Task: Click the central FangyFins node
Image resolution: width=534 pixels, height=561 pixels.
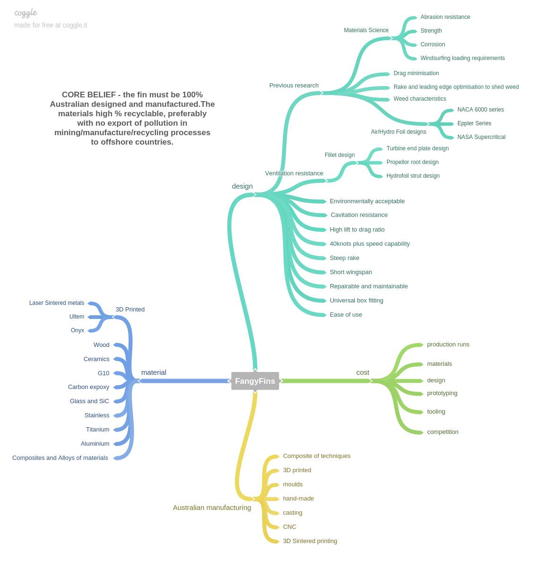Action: click(x=255, y=381)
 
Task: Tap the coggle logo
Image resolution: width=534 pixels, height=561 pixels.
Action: click(x=26, y=13)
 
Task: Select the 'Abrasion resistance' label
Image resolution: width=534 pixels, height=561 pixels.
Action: click(x=445, y=17)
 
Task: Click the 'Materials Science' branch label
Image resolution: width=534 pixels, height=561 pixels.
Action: click(x=366, y=30)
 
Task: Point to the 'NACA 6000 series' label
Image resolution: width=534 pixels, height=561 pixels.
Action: click(x=480, y=110)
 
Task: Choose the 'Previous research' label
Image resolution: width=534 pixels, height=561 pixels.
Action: click(x=293, y=86)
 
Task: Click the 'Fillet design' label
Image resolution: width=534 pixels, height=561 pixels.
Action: click(x=339, y=155)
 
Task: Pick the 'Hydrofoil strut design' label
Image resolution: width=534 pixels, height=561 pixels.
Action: click(x=413, y=176)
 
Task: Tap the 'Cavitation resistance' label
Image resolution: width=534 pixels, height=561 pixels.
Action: click(x=359, y=215)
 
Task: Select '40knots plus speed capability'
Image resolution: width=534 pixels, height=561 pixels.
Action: click(x=370, y=244)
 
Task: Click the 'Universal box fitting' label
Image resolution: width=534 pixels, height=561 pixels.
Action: click(x=356, y=301)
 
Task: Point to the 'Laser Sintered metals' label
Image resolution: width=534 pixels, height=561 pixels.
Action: click(x=57, y=303)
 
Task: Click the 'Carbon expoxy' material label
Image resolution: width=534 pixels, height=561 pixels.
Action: click(x=88, y=387)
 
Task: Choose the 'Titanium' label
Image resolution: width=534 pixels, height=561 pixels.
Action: click(x=97, y=430)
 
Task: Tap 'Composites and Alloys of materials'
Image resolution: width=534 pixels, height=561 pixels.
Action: click(x=60, y=458)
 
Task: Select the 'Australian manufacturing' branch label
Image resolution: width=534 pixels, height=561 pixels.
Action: click(x=212, y=508)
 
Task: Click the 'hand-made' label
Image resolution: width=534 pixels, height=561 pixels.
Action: click(x=298, y=499)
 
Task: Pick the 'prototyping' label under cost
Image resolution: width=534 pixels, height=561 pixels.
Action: click(x=442, y=393)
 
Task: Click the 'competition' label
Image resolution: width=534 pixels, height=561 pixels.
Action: click(x=442, y=432)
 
